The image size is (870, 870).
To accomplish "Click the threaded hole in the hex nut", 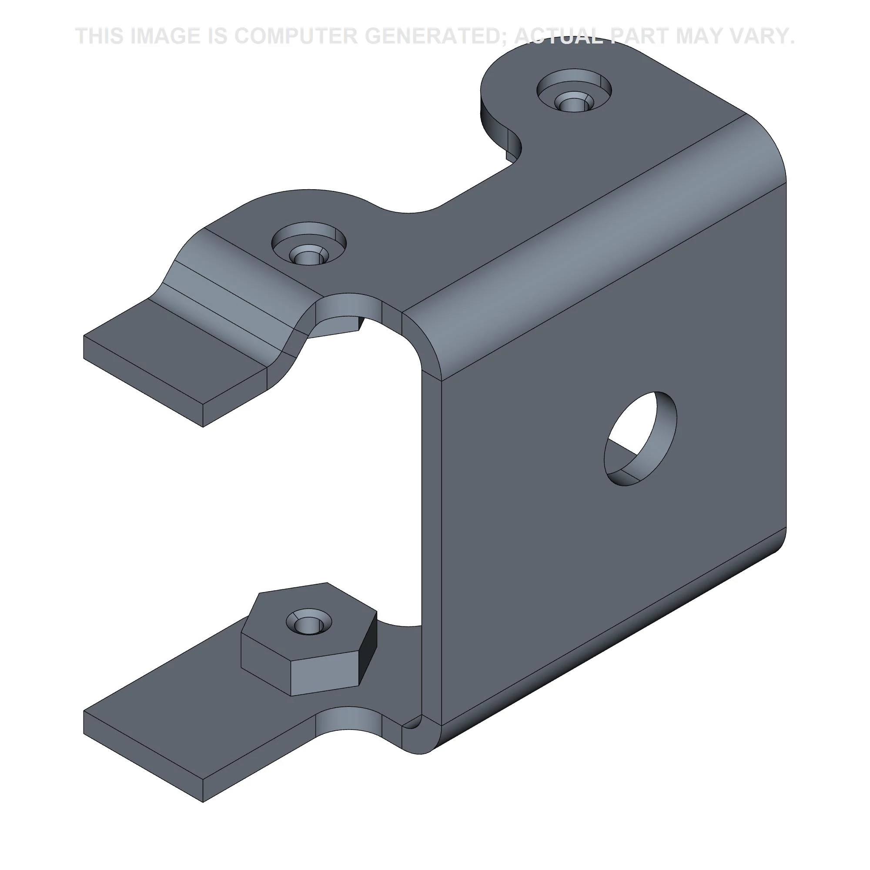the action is [309, 622].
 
